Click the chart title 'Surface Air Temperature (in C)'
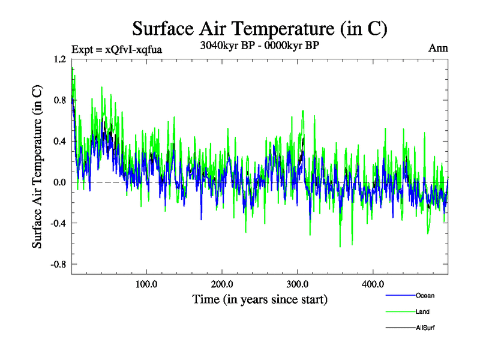(259, 28)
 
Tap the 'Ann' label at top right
(438, 47)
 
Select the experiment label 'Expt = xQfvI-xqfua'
(116, 49)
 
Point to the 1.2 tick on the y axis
(59, 59)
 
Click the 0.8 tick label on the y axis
(59, 100)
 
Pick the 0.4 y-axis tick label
(59, 141)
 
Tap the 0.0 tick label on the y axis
(59, 182)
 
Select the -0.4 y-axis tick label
(58, 223)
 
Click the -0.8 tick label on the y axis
(58, 264)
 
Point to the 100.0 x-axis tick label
(146, 284)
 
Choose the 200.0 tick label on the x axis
(222, 284)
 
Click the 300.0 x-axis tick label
(298, 284)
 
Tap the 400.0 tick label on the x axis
(373, 284)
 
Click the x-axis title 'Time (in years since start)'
(259, 299)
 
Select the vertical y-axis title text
(37, 166)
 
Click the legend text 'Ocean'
(425, 296)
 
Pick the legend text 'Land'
(423, 312)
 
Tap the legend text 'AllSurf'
(425, 328)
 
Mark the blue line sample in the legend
(400, 296)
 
